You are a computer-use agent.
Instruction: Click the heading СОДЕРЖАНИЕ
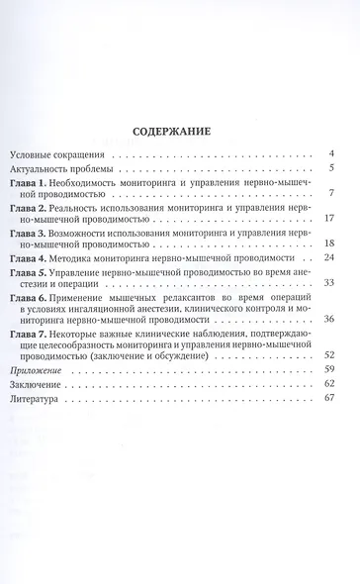tap(181, 130)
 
